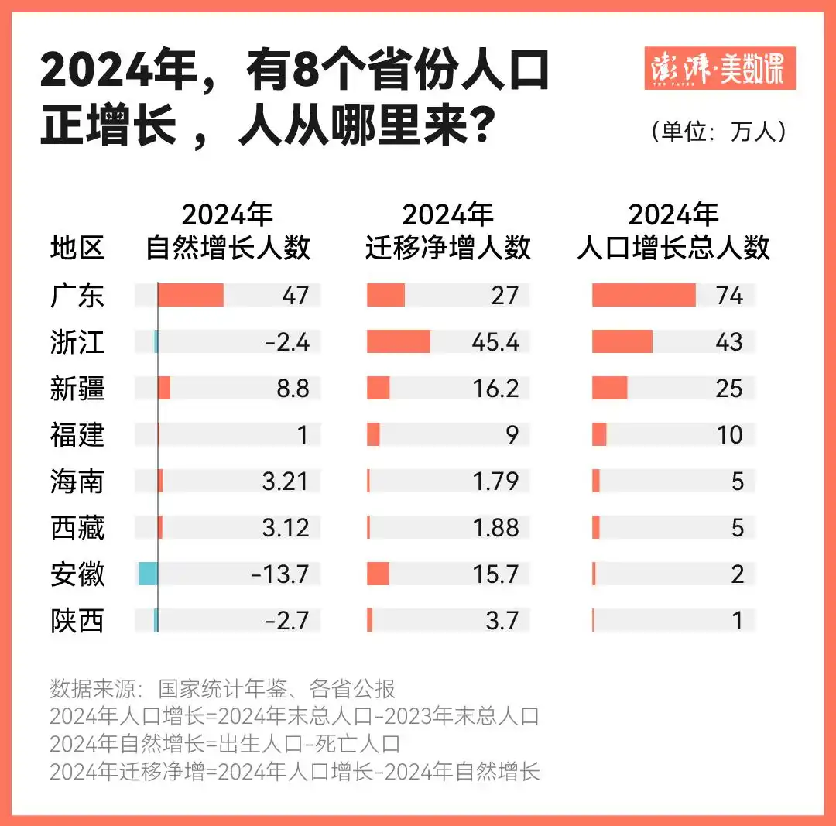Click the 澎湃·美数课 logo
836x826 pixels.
[x=719, y=68]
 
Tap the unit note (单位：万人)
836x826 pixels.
[x=720, y=132]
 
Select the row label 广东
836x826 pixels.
[x=77, y=296]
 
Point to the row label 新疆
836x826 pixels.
[x=77, y=389]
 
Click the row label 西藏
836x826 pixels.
[x=77, y=528]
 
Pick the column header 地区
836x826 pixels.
[x=77, y=248]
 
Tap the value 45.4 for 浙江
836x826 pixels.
[x=496, y=342]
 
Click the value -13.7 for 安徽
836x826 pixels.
[x=280, y=574]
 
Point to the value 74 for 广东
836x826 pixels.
[x=729, y=296]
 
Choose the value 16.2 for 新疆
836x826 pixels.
[x=496, y=389]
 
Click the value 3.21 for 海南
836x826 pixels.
[x=285, y=482]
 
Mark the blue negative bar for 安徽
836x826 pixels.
[x=148, y=574]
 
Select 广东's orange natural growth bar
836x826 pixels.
[x=190, y=296]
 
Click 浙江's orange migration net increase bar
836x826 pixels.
[x=399, y=342]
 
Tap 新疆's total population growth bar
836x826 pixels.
[x=610, y=389]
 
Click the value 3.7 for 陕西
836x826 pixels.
[x=502, y=621]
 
